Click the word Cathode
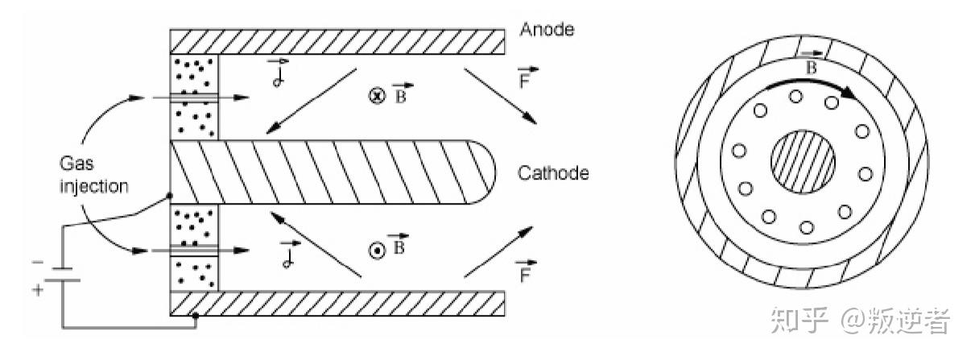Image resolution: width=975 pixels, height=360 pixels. pos(553,173)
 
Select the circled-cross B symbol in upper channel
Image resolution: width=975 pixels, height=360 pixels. pos(374,95)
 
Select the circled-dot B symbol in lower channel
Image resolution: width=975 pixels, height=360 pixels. pos(374,250)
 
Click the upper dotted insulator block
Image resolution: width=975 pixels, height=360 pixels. pos(194,96)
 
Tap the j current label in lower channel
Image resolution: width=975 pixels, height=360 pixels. pos(285,256)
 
